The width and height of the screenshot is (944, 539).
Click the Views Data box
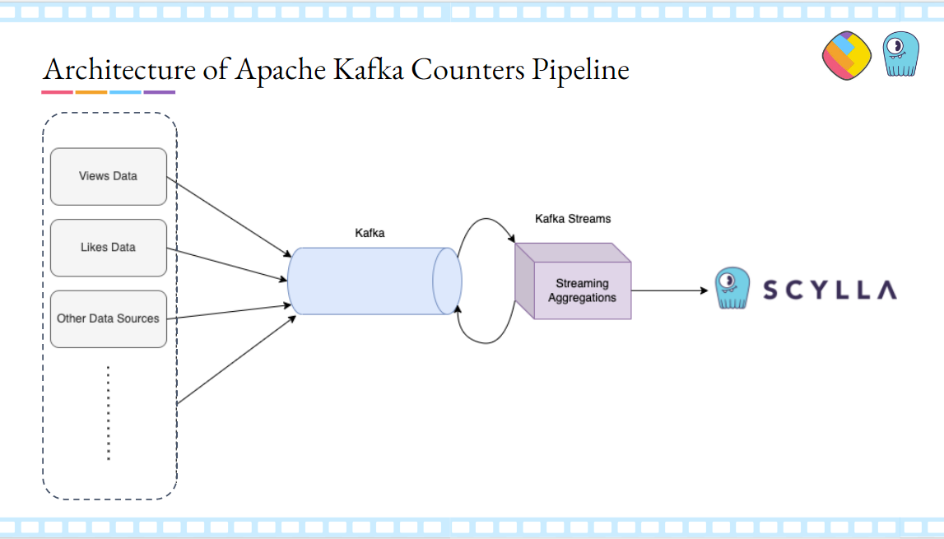tap(108, 176)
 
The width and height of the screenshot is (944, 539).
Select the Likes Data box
tap(108, 248)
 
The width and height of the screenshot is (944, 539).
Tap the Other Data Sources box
tap(108, 318)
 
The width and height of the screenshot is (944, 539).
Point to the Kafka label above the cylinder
tap(370, 233)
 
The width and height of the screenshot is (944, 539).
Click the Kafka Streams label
tap(573, 219)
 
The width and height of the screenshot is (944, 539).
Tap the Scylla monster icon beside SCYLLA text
tap(732, 288)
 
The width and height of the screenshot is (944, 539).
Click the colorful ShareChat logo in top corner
tap(846, 56)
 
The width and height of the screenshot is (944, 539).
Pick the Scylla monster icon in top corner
tap(900, 54)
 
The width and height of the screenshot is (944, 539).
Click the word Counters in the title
tap(467, 69)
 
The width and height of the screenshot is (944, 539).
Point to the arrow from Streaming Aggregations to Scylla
tap(668, 290)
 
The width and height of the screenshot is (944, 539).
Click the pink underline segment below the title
tap(57, 92)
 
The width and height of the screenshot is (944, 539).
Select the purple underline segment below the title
tap(159, 92)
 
